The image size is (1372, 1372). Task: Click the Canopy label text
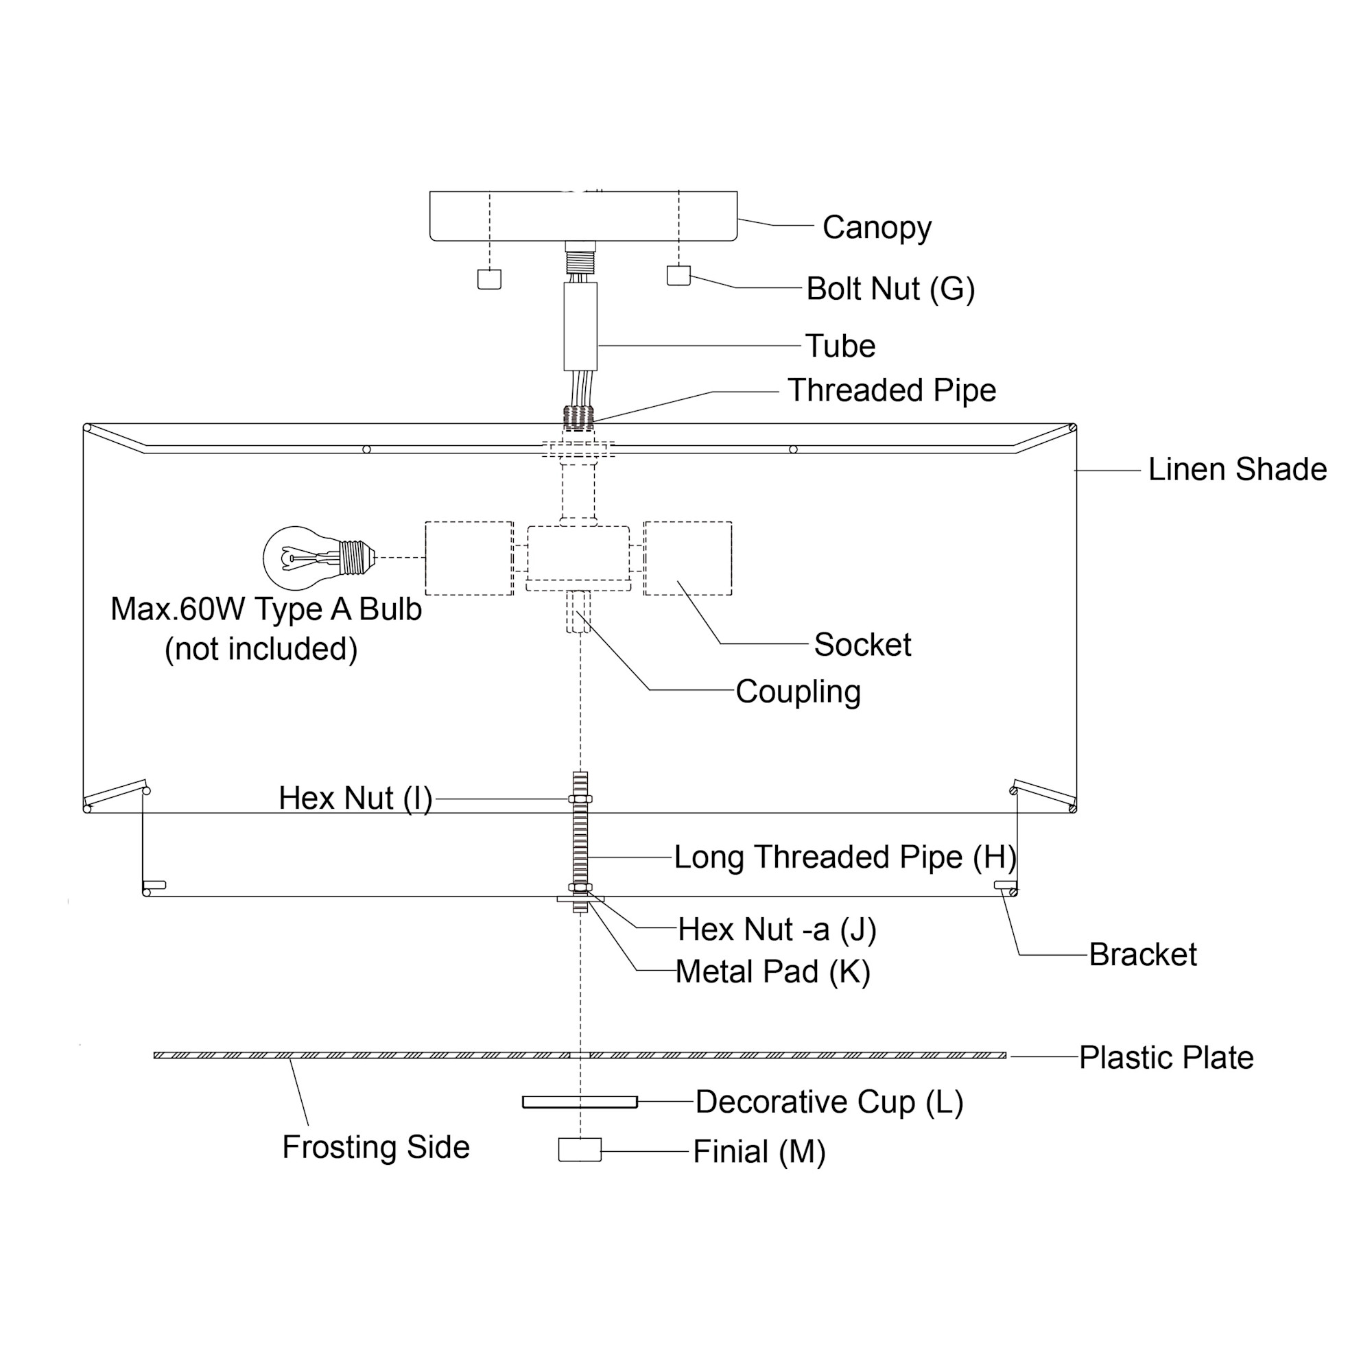tap(876, 228)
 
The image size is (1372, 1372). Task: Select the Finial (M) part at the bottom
tap(580, 1149)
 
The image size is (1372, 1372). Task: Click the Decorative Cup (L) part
tap(580, 1102)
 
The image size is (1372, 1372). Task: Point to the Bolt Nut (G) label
tap(890, 289)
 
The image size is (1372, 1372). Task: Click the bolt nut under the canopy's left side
tap(488, 279)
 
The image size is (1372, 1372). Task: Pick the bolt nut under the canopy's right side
tap(678, 276)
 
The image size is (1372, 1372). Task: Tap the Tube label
tap(840, 346)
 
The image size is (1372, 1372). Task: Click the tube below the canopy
tap(580, 327)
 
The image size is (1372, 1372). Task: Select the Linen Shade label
tap(1237, 469)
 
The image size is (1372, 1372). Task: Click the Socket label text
tap(862, 645)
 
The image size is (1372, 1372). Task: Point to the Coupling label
tap(798, 691)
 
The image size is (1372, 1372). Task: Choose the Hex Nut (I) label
tap(355, 799)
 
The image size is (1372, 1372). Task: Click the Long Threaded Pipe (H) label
tap(844, 857)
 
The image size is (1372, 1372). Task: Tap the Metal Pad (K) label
tap(772, 971)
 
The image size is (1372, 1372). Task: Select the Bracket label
tap(1143, 954)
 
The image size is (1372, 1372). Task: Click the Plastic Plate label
tap(1166, 1057)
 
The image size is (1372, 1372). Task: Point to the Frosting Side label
tap(376, 1147)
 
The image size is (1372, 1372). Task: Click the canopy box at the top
tap(583, 216)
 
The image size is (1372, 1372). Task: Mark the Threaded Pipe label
tap(891, 390)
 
